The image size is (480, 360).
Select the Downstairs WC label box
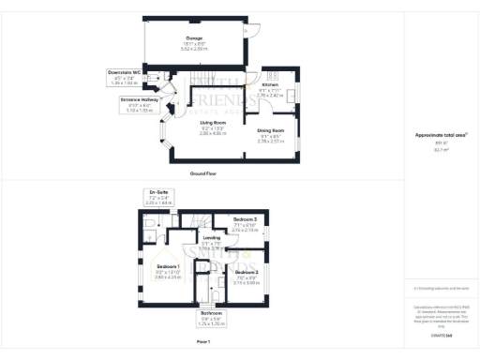pyautogui.click(x=124, y=78)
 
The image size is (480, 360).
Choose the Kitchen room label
pyautogui.click(x=271, y=84)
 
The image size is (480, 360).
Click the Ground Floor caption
pyautogui.click(x=203, y=174)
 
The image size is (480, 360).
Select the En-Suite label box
pyautogui.click(x=158, y=197)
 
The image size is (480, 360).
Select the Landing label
pyautogui.click(x=212, y=238)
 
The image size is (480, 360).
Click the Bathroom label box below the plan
pyautogui.click(x=213, y=318)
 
